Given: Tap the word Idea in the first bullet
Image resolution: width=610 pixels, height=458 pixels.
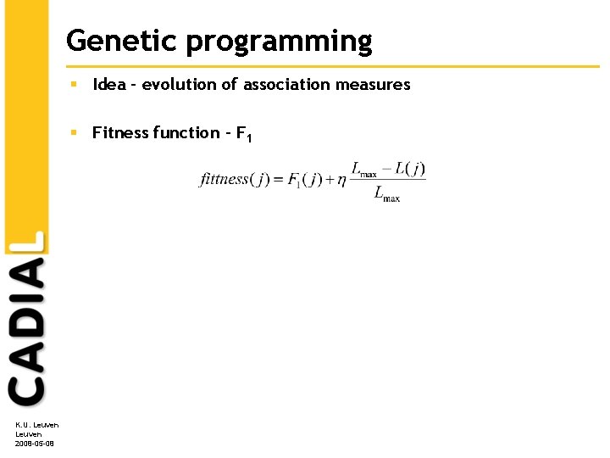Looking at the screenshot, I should coord(109,84).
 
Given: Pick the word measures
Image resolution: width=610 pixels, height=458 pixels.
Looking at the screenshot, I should coord(376,84).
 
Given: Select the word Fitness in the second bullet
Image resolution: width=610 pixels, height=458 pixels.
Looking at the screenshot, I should coord(119,132).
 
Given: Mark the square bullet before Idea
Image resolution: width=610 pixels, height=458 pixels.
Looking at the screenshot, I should coord(75,84).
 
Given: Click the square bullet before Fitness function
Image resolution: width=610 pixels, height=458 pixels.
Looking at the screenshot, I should coord(75,132).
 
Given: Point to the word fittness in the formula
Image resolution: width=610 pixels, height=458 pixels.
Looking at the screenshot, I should coord(224,179).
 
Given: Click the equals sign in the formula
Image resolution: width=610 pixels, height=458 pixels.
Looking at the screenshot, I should coord(278,179).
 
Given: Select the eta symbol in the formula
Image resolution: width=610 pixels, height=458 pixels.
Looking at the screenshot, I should coord(341,180).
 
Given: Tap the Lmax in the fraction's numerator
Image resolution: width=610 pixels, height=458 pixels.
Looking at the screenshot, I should coord(364,170).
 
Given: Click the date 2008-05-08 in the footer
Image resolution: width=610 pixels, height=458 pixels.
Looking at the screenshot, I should coord(35,443).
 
